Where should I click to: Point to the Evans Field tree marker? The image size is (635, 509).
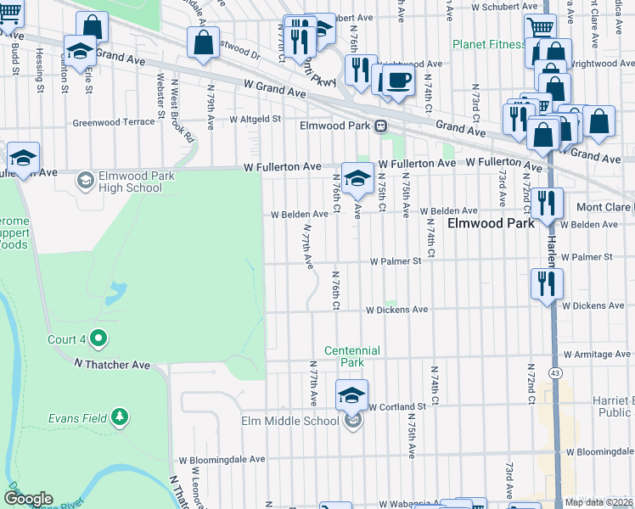coord(121,417)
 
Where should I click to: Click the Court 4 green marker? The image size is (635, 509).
coord(98,339)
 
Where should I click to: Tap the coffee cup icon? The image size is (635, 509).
coord(396,81)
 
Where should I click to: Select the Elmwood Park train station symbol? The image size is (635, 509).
coord(381,126)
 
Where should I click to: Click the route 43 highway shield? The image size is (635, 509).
coord(555,372)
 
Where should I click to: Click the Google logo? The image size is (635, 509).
coord(28,499)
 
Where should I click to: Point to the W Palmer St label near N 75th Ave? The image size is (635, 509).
coord(395,261)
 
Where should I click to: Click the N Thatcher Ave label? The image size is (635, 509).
coord(111,364)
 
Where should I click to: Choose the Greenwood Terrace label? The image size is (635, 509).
coord(114,122)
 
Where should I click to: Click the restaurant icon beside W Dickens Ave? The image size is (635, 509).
coord(545,282)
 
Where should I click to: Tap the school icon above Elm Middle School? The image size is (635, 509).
coord(351,394)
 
